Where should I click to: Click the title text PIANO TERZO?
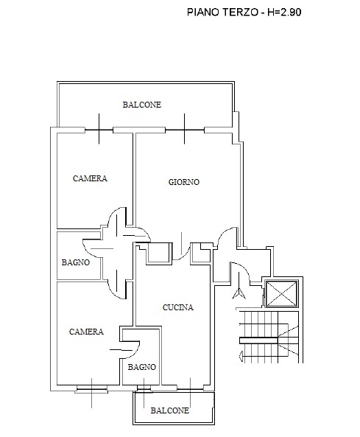(222, 13)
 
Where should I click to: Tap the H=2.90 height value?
(284, 13)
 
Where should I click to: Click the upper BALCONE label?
(142, 105)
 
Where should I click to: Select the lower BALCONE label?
(170, 410)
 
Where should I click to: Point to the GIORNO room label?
(184, 182)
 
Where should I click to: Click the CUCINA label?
(178, 307)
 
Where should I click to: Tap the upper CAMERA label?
(90, 178)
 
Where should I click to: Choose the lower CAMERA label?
(86, 332)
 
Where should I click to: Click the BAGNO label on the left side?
(76, 262)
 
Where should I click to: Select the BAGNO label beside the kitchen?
(141, 367)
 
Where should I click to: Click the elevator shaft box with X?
(282, 294)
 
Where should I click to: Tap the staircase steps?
(269, 337)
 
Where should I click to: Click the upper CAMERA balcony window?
(99, 130)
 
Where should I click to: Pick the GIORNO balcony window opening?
(185, 130)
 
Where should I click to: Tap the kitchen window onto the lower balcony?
(191, 389)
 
